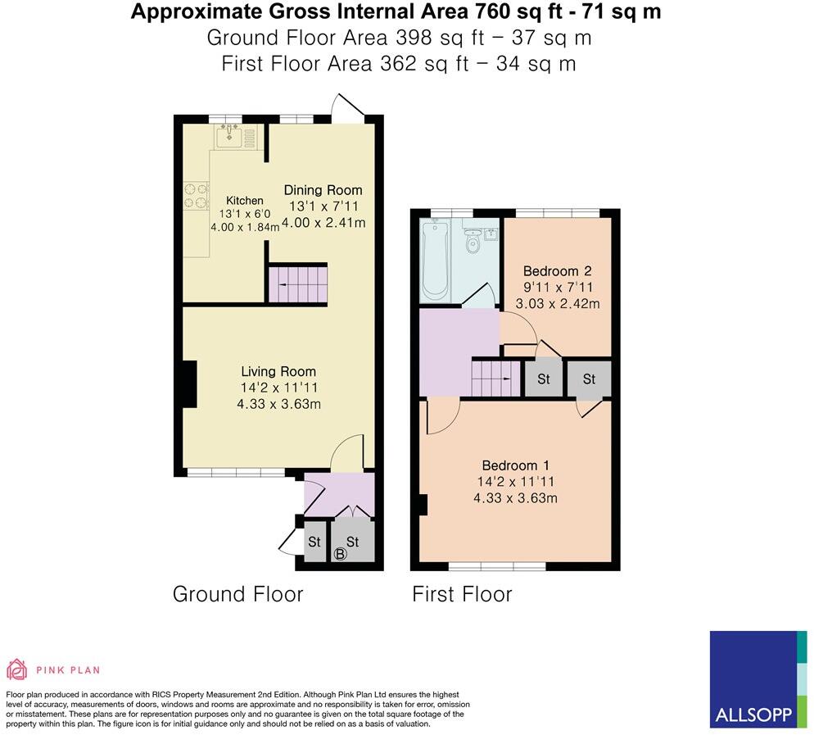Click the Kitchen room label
(x=245, y=201)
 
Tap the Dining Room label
(x=323, y=190)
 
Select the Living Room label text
(x=278, y=371)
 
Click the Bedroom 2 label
(x=557, y=271)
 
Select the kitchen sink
(x=229, y=136)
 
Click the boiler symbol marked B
(x=341, y=555)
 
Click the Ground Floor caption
(x=237, y=594)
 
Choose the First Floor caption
(x=462, y=594)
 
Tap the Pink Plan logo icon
(x=16, y=669)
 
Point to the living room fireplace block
(x=189, y=384)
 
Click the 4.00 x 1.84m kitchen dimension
(x=244, y=228)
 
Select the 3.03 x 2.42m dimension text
(x=557, y=303)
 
